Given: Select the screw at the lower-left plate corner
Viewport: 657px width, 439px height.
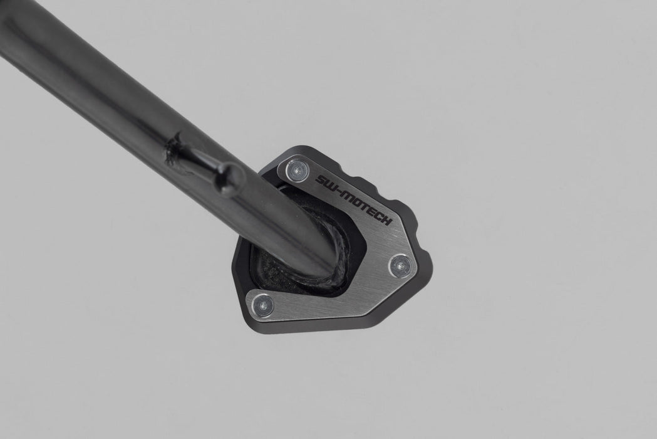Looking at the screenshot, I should tap(262, 305).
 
